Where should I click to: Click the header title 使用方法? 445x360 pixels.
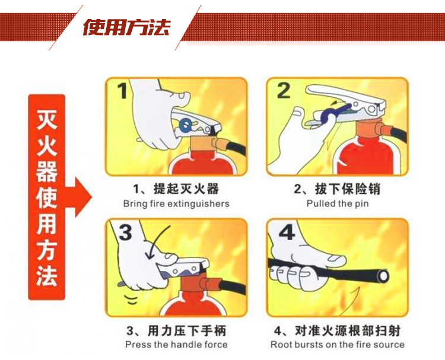coord(126,27)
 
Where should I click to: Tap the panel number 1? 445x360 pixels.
coord(123,91)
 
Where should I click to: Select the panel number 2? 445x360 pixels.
coord(284,91)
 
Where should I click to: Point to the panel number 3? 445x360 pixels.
coord(125,232)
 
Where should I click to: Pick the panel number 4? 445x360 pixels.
coord(287,232)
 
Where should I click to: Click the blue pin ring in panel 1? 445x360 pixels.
coord(186,125)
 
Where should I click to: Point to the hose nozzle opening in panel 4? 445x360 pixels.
coord(383,276)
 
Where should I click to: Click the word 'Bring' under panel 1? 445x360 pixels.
coord(132,204)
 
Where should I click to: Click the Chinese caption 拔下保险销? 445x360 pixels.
coord(347,189)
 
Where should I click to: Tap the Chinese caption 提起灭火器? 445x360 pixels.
coord(186,189)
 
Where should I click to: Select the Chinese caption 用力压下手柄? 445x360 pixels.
coord(187,331)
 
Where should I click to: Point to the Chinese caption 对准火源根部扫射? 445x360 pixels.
coord(348,331)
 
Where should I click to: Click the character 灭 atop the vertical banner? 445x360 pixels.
coord(47,119)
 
